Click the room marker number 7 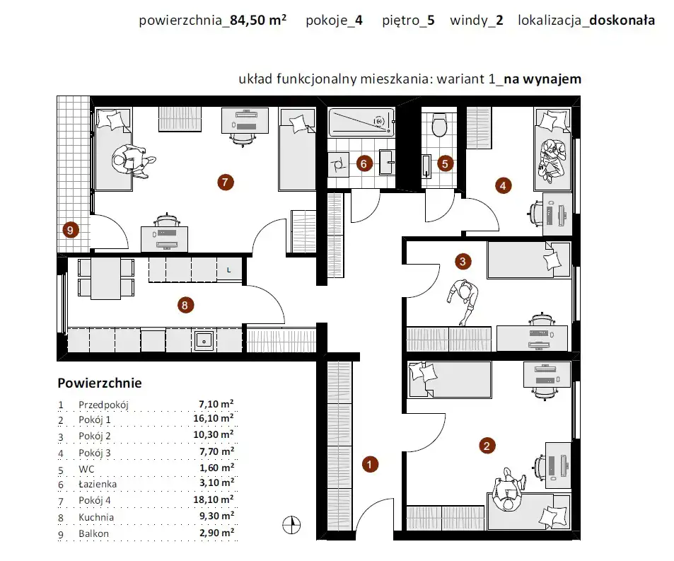pos(225,183)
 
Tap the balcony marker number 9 pos(71,231)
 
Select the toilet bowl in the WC pos(439,125)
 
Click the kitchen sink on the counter pos(204,341)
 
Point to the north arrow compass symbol pos(291,525)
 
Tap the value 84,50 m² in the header pos(258,21)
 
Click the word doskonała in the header pos(622,21)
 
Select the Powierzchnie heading pos(100,383)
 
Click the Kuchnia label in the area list pos(96,517)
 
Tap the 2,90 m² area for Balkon pos(216,533)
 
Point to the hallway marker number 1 pos(370,464)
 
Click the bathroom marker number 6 pos(364,164)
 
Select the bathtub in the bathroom pos(361,122)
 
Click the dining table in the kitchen pos(106,279)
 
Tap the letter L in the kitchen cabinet pos(228,270)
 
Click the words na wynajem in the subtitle pos(542,79)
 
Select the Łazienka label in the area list pos(98,484)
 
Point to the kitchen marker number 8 pos(186,305)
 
